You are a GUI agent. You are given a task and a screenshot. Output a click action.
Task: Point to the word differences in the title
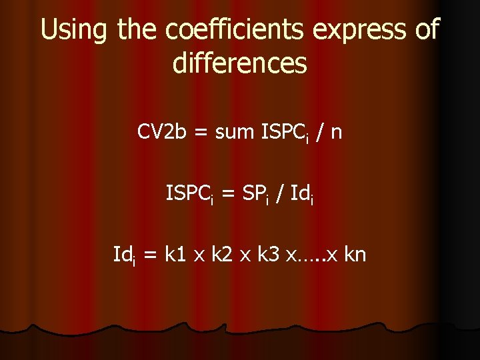pos(240,63)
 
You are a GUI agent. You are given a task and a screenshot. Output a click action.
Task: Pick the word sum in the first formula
pos(235,133)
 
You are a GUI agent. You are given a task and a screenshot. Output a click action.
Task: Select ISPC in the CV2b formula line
pos(283,133)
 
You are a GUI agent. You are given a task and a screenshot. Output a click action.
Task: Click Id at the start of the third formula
pos(123,254)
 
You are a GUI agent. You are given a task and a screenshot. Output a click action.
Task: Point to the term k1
pos(175,254)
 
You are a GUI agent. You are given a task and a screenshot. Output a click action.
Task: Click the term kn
pos(354,254)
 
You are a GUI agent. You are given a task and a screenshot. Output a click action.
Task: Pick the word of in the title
pos(425,31)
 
